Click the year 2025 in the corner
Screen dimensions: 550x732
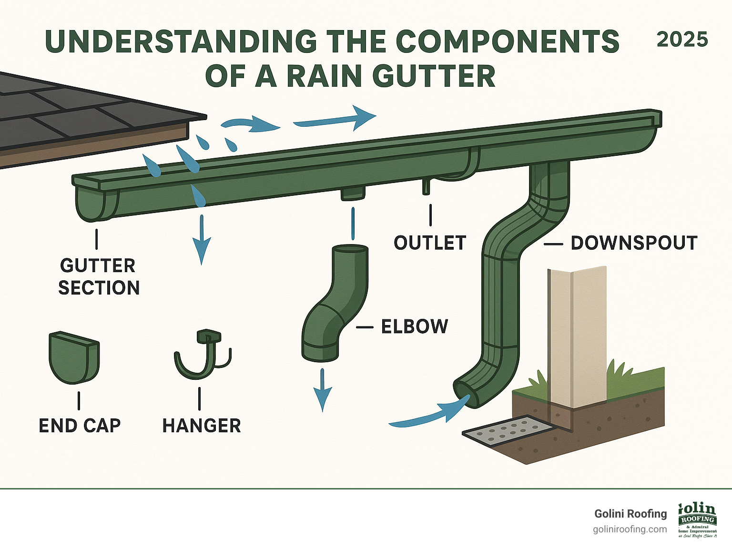[682, 40]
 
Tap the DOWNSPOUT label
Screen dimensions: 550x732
[634, 243]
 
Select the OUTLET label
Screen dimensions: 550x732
[429, 243]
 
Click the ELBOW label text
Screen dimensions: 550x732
[415, 327]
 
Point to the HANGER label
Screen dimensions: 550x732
[201, 426]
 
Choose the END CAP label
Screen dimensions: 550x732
[80, 426]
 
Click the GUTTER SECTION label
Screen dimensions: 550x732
[99, 277]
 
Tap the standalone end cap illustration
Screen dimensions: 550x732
[74, 357]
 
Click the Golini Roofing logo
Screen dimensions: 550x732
[697, 519]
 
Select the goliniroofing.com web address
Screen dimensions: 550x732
[630, 530]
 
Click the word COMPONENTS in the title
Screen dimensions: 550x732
[507, 41]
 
